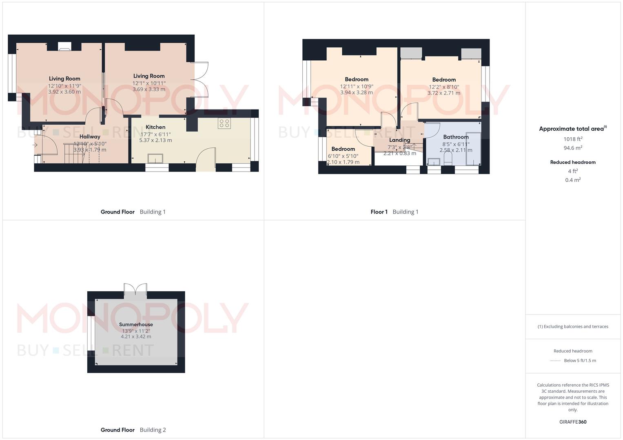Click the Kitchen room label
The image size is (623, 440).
[x=155, y=127]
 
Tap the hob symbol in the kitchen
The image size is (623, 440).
[x=224, y=123]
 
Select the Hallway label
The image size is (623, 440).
[x=90, y=136]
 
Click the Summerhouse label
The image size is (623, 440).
[x=136, y=325]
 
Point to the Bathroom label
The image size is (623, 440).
[x=456, y=137]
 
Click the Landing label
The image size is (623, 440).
[x=399, y=140]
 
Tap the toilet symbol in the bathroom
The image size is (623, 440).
[x=447, y=162]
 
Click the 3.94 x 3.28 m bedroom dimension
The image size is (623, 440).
[x=357, y=92]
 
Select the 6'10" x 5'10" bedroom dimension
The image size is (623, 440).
[x=343, y=156]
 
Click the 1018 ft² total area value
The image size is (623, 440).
[x=573, y=139]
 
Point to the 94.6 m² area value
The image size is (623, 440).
[x=573, y=148]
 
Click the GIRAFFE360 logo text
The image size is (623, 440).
[x=573, y=422]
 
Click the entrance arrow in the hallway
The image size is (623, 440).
[x=35, y=145]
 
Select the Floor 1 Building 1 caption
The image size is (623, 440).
[x=394, y=212]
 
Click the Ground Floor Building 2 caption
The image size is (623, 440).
[x=133, y=430]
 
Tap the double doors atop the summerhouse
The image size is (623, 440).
[x=135, y=289]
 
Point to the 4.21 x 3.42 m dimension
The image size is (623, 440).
[x=136, y=337]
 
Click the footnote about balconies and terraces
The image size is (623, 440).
[x=573, y=326]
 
